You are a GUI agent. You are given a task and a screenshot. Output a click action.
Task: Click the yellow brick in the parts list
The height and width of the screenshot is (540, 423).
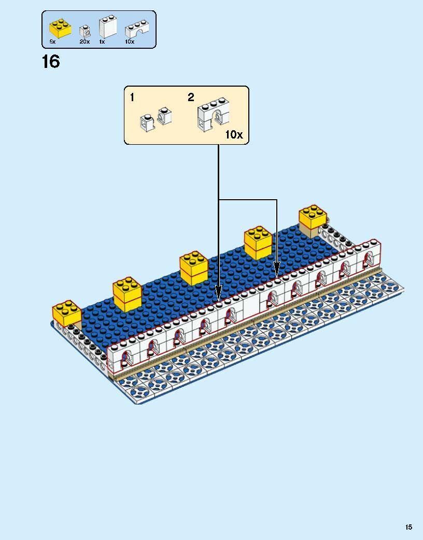(x=60, y=29)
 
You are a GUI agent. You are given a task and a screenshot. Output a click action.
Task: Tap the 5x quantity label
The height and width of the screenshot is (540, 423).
(x=52, y=41)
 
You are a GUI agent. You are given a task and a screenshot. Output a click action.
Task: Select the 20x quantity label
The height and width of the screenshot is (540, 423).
(x=84, y=41)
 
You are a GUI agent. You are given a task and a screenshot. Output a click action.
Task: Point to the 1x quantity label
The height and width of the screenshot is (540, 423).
(x=102, y=41)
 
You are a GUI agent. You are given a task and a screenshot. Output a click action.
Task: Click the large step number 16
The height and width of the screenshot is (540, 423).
(x=51, y=62)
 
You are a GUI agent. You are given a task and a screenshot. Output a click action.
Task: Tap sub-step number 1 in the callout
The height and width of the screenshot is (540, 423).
(x=133, y=97)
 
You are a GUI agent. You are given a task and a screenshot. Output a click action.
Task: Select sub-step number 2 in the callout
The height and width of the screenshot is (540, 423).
(x=191, y=97)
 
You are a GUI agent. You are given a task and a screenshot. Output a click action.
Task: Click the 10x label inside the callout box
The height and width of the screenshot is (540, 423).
(x=234, y=135)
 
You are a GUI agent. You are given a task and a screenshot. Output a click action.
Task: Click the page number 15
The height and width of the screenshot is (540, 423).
(x=409, y=527)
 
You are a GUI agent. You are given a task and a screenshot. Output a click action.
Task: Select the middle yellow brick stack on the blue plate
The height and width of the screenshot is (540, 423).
(x=194, y=268)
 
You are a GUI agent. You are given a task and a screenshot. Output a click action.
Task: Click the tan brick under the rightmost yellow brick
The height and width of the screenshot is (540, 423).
(x=310, y=231)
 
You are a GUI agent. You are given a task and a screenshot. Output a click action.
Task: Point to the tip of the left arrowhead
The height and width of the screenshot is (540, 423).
(x=218, y=299)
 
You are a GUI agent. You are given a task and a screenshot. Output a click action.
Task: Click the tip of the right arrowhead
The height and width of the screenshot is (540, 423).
(x=277, y=276)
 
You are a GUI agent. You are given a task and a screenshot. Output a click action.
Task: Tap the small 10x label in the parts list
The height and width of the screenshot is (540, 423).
(x=130, y=41)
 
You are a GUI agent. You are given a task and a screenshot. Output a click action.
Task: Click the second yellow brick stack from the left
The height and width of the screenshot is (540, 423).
(x=128, y=295)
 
